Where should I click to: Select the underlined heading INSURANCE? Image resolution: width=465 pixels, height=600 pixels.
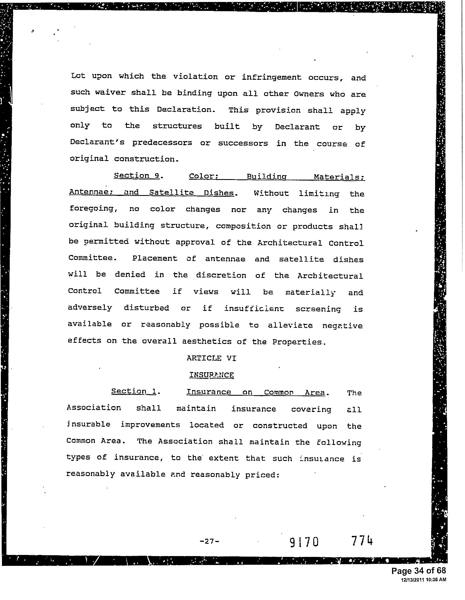pyautogui.click(x=211, y=375)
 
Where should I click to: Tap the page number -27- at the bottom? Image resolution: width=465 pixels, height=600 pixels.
pyautogui.click(x=209, y=541)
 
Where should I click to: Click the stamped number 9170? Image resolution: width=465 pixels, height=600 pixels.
pyautogui.click(x=304, y=543)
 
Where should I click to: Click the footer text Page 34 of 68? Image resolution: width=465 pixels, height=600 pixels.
pyautogui.click(x=418, y=571)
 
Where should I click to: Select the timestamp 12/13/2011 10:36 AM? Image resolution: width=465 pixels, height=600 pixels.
pyautogui.click(x=423, y=580)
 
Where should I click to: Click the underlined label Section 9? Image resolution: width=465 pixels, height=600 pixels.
pyautogui.click(x=136, y=176)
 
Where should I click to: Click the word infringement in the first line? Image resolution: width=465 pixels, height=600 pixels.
pyautogui.click(x=272, y=77)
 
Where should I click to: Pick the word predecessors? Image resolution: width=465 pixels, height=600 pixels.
pyautogui.click(x=162, y=143)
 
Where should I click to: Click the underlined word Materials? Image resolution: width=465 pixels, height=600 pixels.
pyautogui.click(x=339, y=177)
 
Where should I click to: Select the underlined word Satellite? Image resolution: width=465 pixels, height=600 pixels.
pyautogui.click(x=171, y=193)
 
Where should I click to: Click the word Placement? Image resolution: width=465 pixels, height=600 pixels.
pyautogui.click(x=155, y=258)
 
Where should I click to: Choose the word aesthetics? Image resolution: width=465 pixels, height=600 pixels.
pyautogui.click(x=207, y=341)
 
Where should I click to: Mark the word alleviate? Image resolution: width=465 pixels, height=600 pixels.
pyautogui.click(x=290, y=325)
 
